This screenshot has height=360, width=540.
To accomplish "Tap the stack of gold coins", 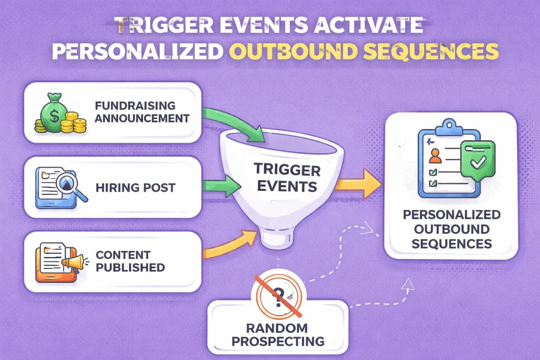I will tap(74, 123).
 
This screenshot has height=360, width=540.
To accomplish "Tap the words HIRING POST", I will tap(135, 187).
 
